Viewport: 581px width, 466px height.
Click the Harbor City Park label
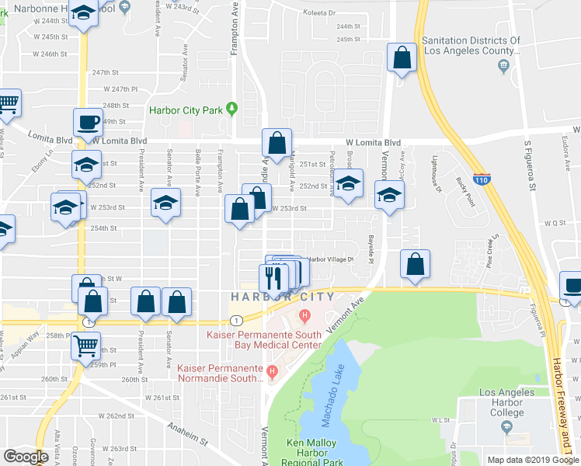187,110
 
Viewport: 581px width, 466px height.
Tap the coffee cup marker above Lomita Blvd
88,122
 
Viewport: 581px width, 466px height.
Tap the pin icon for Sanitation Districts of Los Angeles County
505,65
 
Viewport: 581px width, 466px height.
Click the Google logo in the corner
26,457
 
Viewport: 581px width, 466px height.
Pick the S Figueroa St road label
530,164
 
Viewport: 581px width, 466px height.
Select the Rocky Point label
464,186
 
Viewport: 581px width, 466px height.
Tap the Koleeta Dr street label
342,13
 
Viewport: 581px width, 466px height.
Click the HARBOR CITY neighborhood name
283,297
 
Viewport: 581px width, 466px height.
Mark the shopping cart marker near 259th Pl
87,345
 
